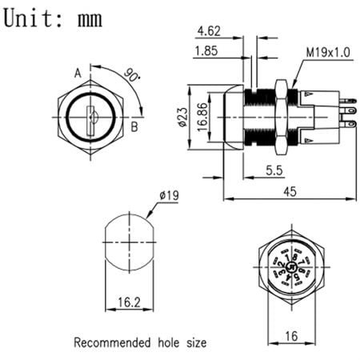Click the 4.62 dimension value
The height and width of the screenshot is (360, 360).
coord(207,33)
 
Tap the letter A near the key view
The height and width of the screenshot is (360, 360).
coord(78,74)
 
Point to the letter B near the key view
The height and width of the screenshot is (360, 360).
coord(135,126)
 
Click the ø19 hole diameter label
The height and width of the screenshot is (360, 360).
coord(169,194)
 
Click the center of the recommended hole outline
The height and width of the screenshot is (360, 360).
coord(127,243)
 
